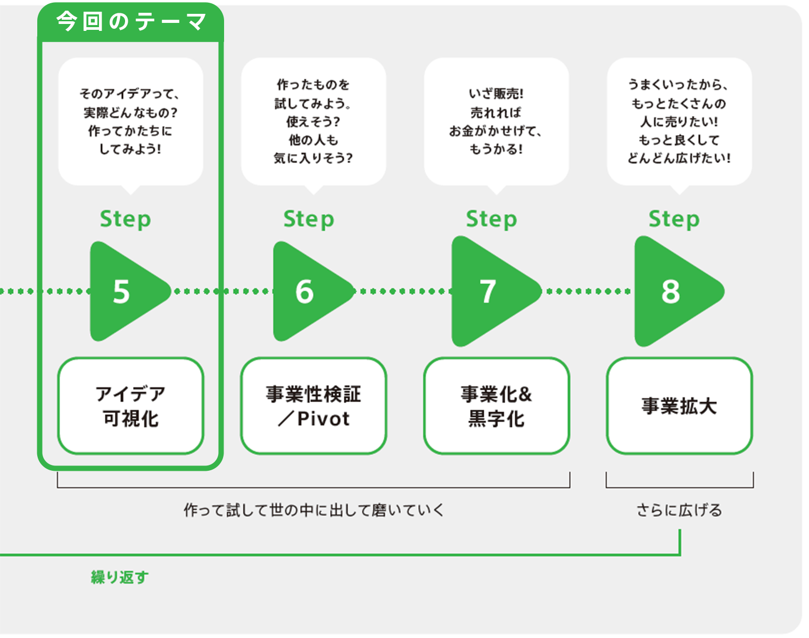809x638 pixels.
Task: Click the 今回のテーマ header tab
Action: coord(130,22)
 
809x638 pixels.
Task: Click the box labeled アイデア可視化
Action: coord(130,406)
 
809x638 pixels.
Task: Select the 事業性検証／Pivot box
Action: coord(313,406)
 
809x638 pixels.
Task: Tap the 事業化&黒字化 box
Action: coord(497,406)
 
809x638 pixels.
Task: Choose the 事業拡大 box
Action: coord(679,406)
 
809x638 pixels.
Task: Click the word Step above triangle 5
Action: coord(126,219)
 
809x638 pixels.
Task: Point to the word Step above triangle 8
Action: coord(674,219)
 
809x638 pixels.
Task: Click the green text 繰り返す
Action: coord(120,577)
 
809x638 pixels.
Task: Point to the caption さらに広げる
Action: coord(679,510)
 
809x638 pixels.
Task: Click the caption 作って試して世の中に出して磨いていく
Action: coord(313,510)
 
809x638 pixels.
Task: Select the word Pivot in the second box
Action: coord(323,419)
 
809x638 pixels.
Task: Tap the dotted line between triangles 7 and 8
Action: coord(588,291)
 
